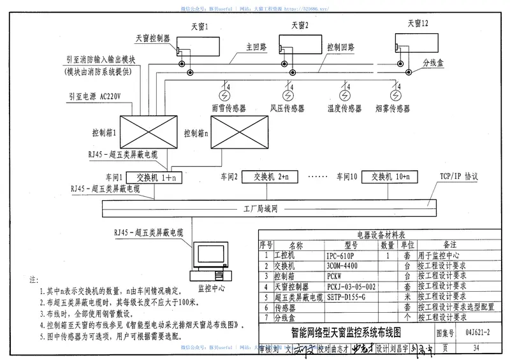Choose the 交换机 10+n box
click(x=388, y=176)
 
